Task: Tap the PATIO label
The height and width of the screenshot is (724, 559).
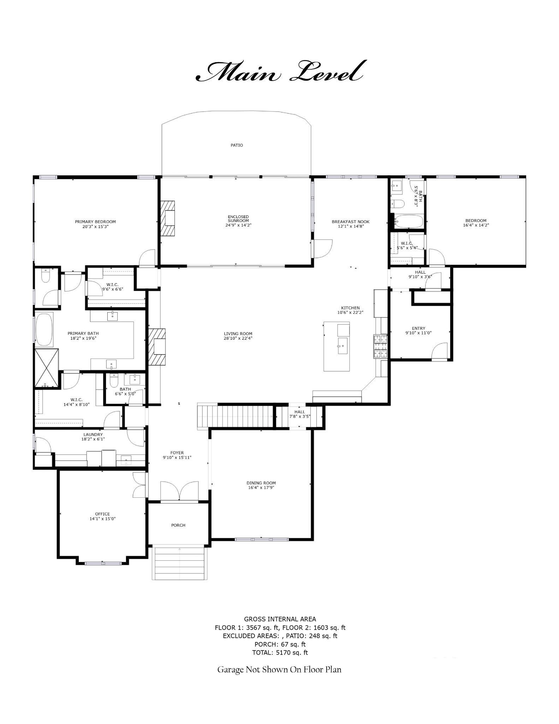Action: [x=237, y=145]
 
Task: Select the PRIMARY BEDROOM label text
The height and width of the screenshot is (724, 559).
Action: [x=95, y=222]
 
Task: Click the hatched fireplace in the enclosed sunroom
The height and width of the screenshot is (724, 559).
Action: [x=168, y=218]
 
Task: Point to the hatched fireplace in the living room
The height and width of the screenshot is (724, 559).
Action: [x=157, y=346]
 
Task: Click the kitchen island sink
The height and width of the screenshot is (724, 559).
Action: [x=343, y=345]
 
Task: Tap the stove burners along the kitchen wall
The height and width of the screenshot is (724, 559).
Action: [x=381, y=346]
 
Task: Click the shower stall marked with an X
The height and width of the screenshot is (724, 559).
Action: [x=47, y=368]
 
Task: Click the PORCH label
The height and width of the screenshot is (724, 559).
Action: [x=178, y=525]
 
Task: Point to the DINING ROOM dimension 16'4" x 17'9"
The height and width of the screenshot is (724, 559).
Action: [x=261, y=487]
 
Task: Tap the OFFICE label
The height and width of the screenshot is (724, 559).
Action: [x=102, y=514]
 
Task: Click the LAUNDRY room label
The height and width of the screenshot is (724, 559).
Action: [x=93, y=434]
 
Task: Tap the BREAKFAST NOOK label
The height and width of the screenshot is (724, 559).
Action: [x=350, y=222]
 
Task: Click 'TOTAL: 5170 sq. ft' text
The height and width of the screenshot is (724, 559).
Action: [x=280, y=653]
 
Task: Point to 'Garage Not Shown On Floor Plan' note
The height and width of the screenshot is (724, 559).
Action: [x=279, y=669]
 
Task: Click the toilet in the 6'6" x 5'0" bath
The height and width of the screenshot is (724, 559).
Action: [x=114, y=381]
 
